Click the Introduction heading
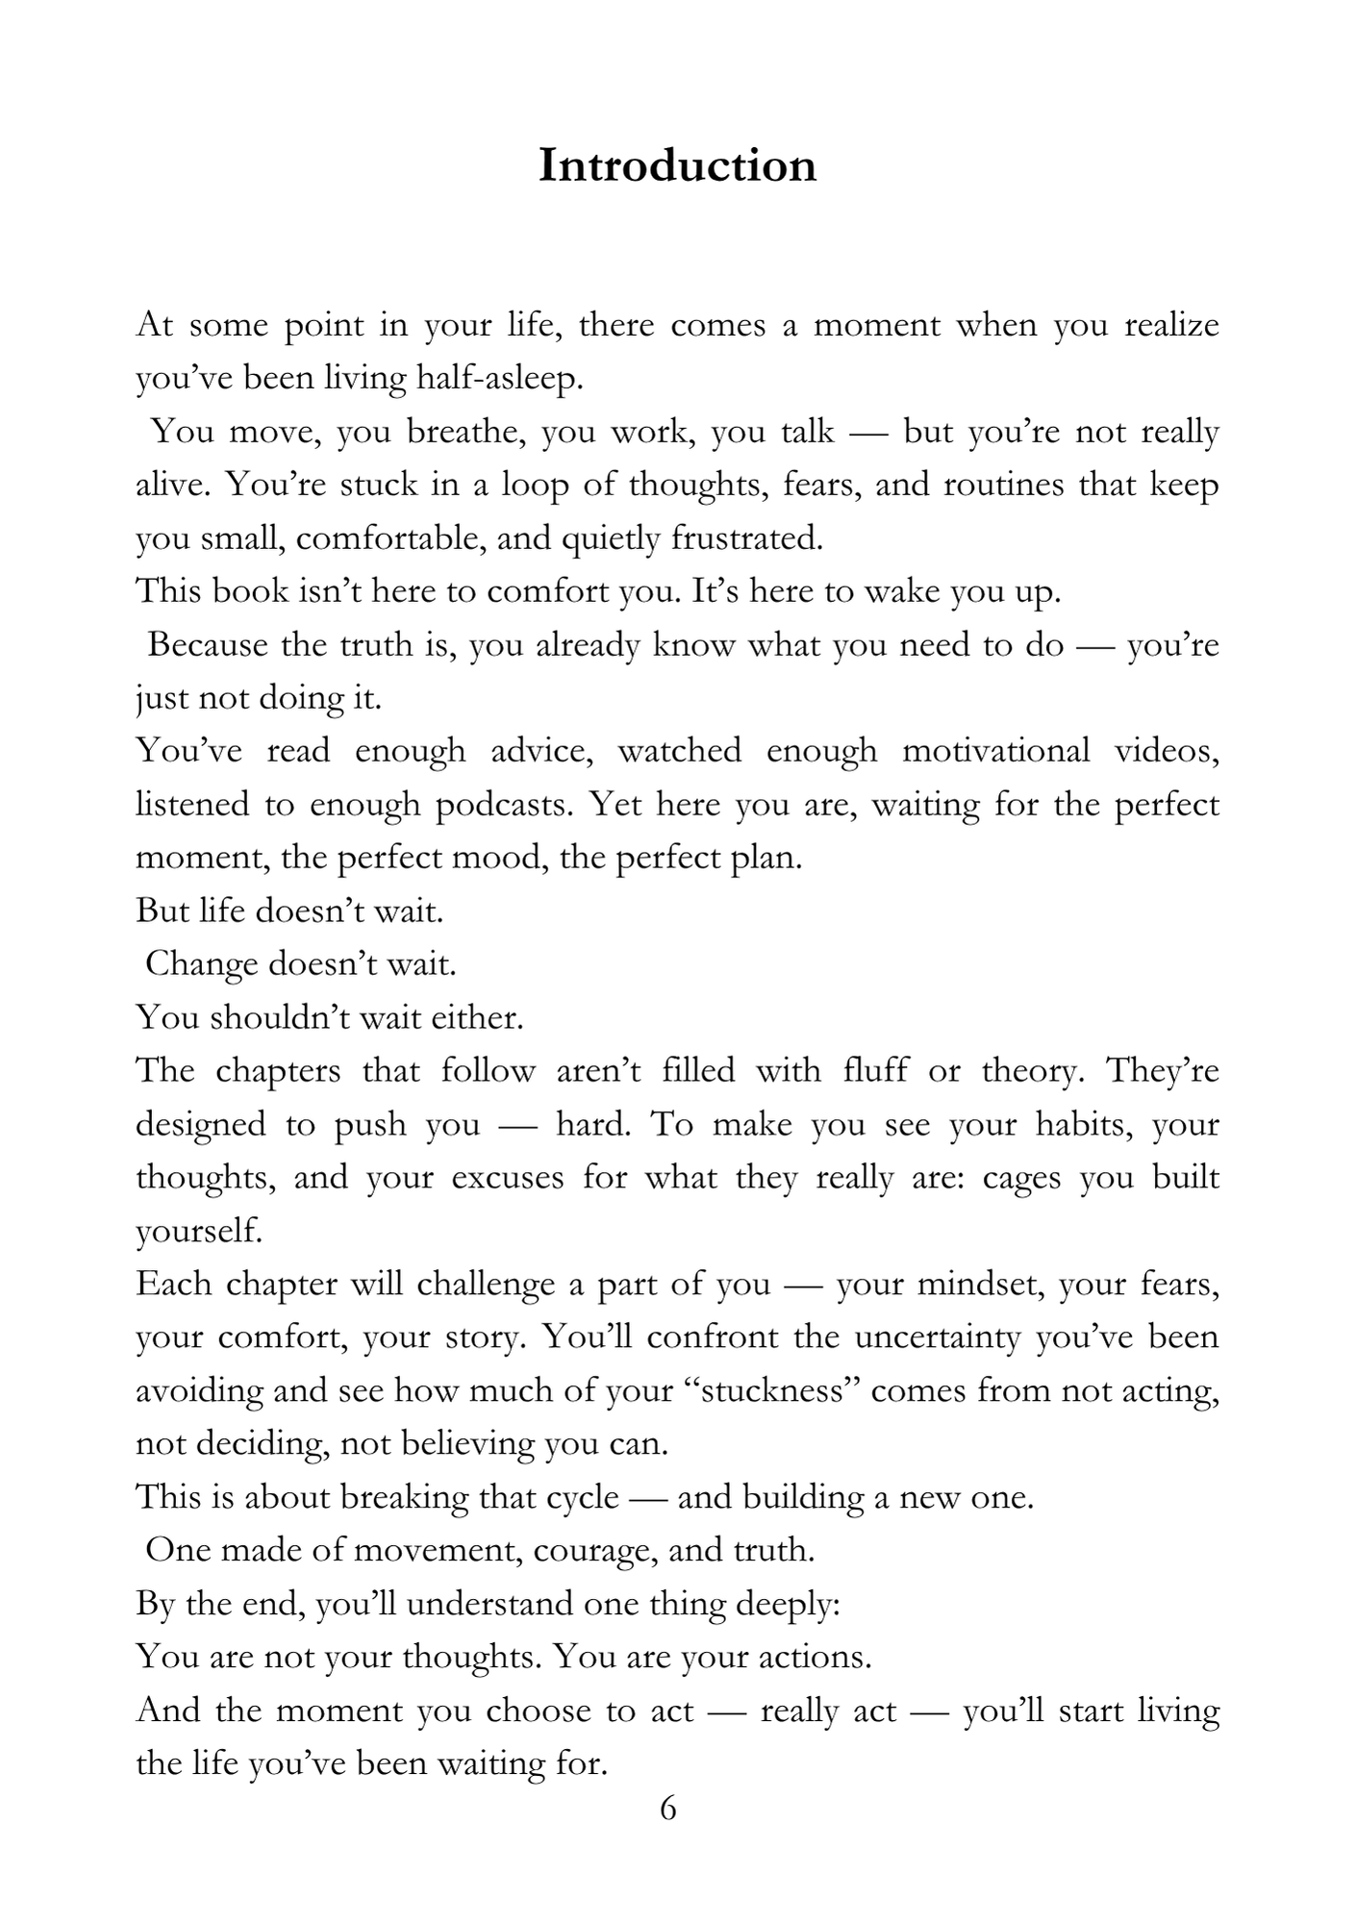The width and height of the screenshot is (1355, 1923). click(677, 165)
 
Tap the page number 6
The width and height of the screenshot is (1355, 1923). click(668, 1809)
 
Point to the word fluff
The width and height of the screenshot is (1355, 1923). click(874, 1070)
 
